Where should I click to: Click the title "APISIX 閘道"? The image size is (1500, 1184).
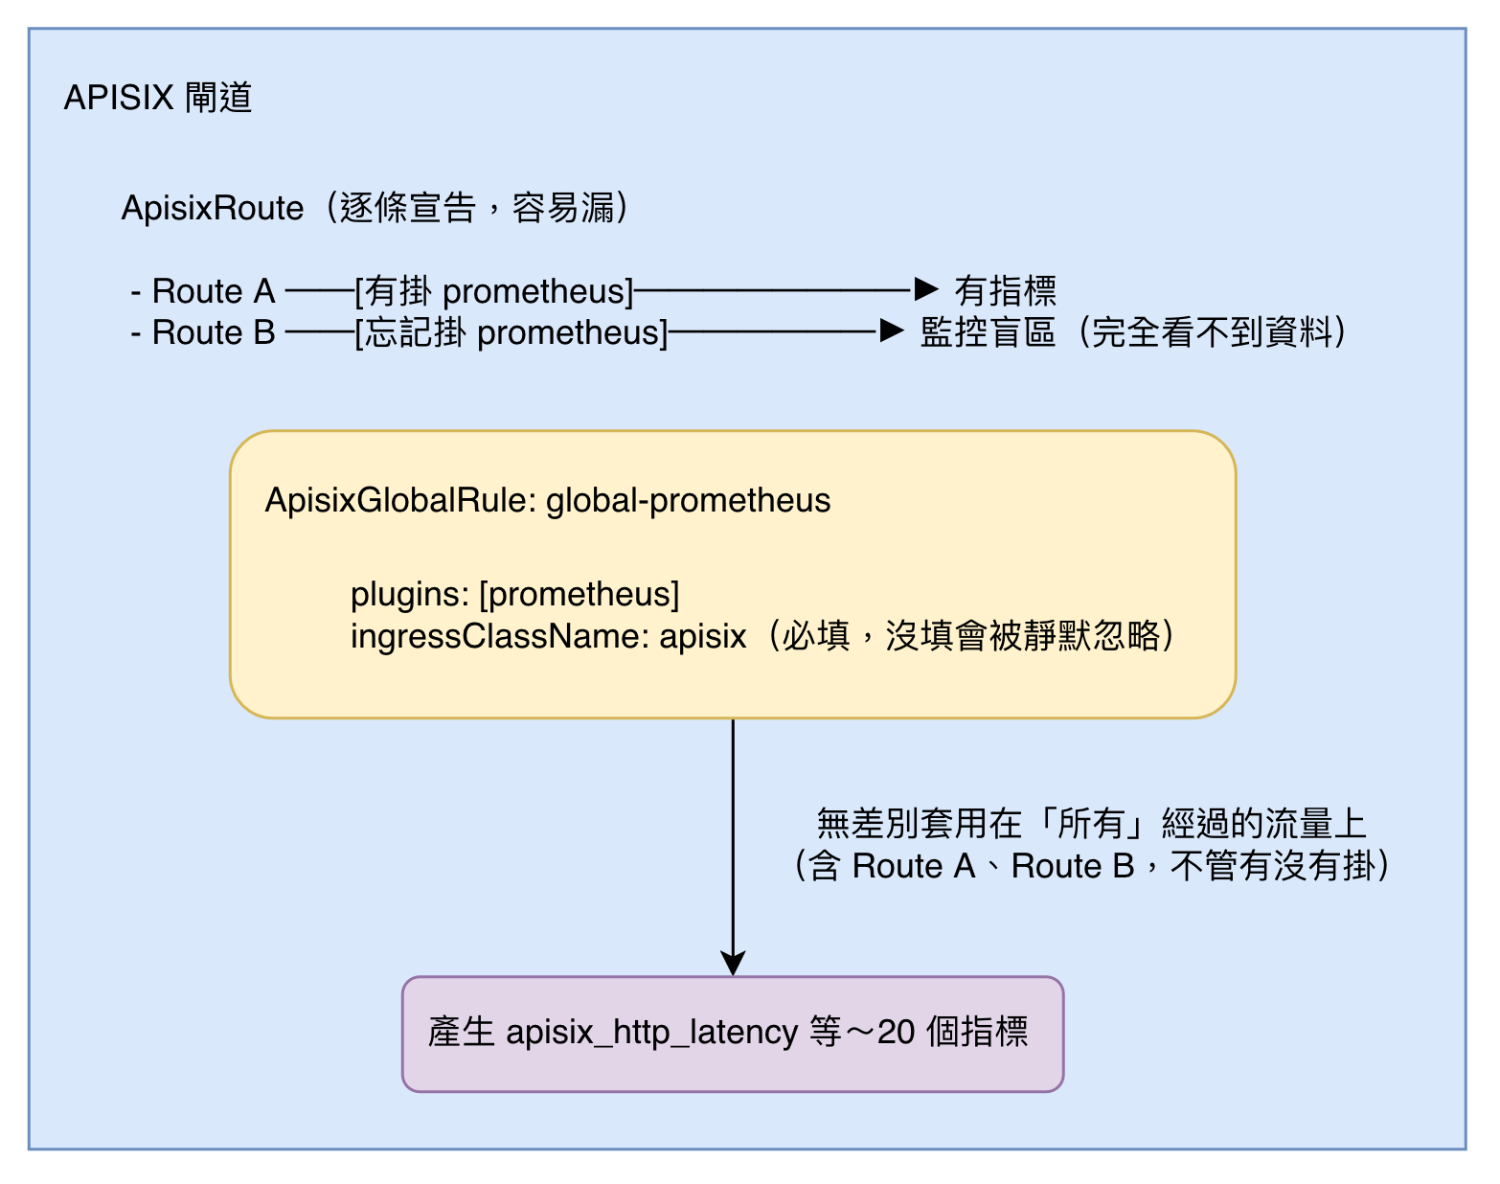pyautogui.click(x=157, y=97)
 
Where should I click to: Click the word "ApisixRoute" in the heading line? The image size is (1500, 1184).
pyautogui.click(x=213, y=208)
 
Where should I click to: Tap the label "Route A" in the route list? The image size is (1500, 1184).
pyautogui.click(x=214, y=291)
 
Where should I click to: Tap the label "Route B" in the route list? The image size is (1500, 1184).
pyautogui.click(x=214, y=331)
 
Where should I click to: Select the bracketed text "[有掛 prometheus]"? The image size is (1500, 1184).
pyautogui.click(x=494, y=291)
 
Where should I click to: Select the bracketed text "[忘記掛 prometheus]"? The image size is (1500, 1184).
pyautogui.click(x=511, y=332)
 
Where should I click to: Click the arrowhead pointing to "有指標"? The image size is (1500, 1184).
pyautogui.click(x=926, y=288)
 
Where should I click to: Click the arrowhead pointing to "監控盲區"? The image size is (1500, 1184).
pyautogui.click(x=892, y=330)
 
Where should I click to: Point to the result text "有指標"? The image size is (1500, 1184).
pyautogui.click(x=1005, y=291)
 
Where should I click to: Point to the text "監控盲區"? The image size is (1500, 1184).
pyautogui.click(x=988, y=332)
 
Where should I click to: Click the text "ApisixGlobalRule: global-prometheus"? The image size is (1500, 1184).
pyautogui.click(x=548, y=501)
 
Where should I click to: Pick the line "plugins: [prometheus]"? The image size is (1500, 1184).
pyautogui.click(x=515, y=595)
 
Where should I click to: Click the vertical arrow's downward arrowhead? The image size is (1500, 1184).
pyautogui.click(x=733, y=963)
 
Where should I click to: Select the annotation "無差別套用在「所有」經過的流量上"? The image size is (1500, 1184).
pyautogui.click(x=1091, y=824)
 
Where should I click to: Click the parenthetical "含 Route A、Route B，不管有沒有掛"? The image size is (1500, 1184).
pyautogui.click(x=1091, y=866)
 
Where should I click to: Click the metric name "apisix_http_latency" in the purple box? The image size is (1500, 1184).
pyautogui.click(x=651, y=1033)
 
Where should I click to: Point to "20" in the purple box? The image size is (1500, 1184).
pyautogui.click(x=896, y=1032)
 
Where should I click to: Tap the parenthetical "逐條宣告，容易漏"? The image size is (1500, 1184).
pyautogui.click(x=477, y=208)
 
